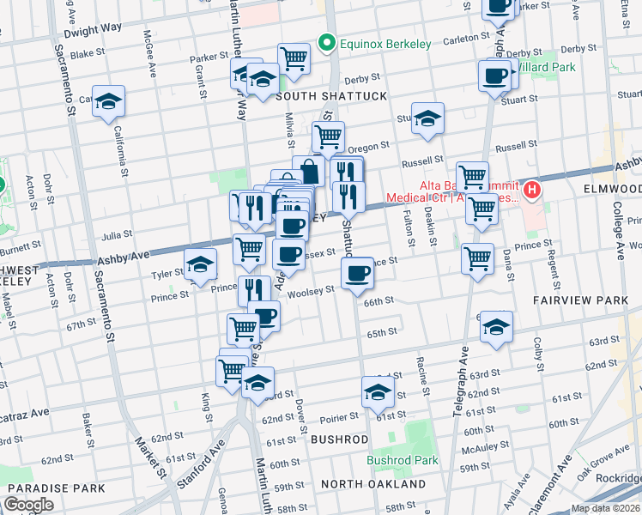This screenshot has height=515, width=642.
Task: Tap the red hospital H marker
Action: tap(532, 189)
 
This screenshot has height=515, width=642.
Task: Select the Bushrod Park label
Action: tap(403, 460)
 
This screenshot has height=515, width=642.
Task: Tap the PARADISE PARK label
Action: tap(56, 488)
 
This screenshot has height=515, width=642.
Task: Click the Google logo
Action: tap(28, 505)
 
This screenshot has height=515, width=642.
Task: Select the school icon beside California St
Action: tap(109, 102)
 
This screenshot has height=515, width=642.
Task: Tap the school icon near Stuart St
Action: tap(427, 119)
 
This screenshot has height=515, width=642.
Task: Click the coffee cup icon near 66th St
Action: tap(357, 274)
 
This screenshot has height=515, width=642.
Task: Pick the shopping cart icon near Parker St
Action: tap(294, 58)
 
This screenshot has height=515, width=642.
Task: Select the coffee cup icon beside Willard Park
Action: tap(495, 76)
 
